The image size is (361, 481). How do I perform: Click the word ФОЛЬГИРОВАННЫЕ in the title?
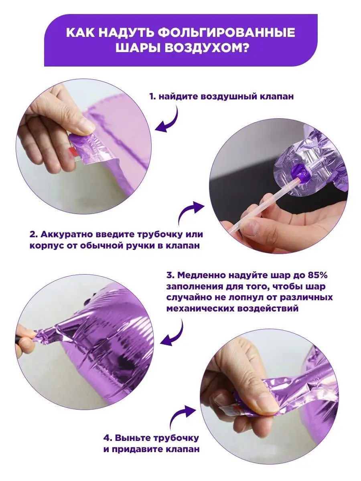pos(227,32)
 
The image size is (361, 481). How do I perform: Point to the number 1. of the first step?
pos(152,97)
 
